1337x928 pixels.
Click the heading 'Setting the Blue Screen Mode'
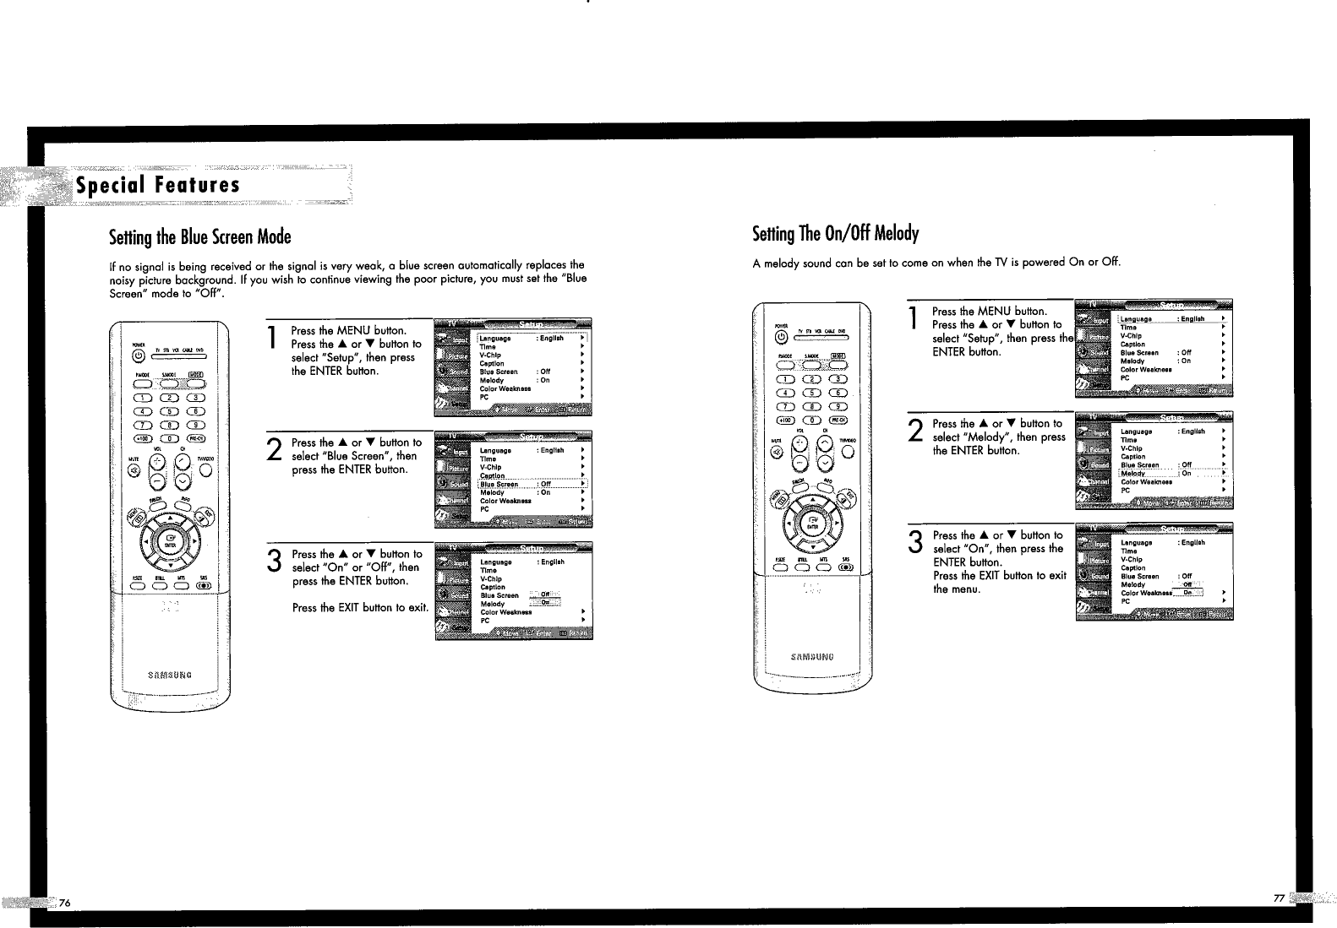click(x=200, y=236)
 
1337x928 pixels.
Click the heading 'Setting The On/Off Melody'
click(x=835, y=233)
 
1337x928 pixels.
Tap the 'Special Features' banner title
click(x=158, y=185)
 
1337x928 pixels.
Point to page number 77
click(x=1278, y=898)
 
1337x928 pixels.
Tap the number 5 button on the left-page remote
click(x=171, y=411)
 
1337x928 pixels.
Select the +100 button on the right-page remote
click(x=785, y=420)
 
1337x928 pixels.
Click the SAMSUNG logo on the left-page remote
click(x=170, y=674)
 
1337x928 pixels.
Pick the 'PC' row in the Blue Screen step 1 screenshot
click(x=485, y=397)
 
